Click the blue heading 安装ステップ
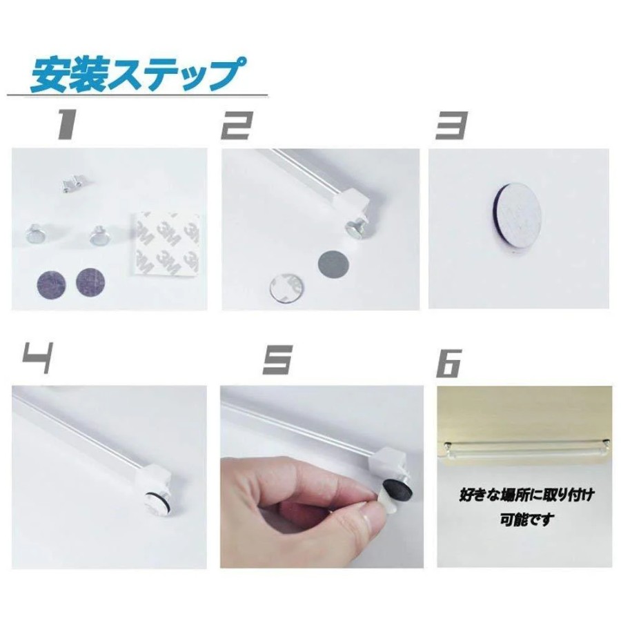coord(137,75)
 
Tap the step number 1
coord(66,124)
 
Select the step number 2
coord(237,125)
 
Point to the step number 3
coord(451,125)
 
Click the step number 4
coord(37,358)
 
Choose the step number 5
coord(277,359)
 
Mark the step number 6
coord(449,363)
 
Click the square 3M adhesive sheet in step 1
coord(166,244)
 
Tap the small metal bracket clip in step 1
coord(73,184)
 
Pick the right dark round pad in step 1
coord(90,282)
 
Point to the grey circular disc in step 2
coord(334,264)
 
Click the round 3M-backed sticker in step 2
coord(286,288)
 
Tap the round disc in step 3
coord(515,215)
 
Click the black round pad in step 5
coord(400,489)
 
